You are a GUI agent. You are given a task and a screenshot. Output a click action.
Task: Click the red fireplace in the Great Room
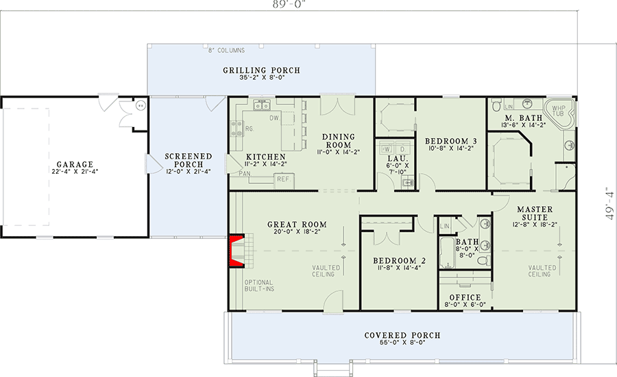coord(237,249)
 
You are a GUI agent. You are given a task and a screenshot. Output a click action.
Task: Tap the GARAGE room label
coord(75,165)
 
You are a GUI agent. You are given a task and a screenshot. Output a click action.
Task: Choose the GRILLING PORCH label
coord(261,71)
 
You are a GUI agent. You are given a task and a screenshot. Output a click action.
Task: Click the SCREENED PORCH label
coord(189,161)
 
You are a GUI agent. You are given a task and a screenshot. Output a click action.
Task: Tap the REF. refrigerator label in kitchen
coord(282,179)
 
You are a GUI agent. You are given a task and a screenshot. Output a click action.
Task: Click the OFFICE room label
coord(464,297)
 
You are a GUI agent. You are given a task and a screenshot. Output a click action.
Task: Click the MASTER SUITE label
coord(535,213)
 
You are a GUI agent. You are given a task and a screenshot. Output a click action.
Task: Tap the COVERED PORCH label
coord(402,335)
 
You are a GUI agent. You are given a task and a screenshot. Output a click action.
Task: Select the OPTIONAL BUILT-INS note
coord(258,286)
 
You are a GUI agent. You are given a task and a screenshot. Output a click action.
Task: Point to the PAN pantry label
coord(244,174)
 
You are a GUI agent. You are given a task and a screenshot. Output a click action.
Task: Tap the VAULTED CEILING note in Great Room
coord(323,271)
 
